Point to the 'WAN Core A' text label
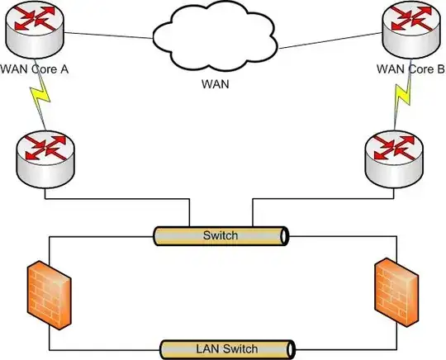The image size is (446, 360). tap(35, 69)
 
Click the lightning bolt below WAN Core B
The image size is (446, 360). tap(402, 101)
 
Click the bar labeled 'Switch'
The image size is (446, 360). tap(221, 236)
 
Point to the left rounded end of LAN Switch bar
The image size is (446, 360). tap(162, 347)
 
